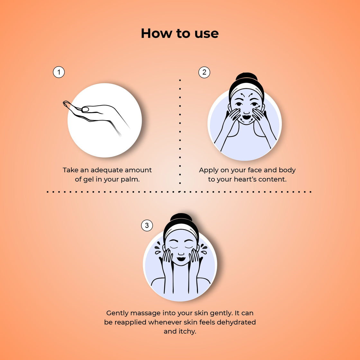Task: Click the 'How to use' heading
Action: (x=180, y=33)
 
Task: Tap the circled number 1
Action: (x=59, y=72)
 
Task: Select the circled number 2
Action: (x=204, y=72)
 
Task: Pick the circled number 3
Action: (x=147, y=225)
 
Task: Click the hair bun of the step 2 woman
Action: (x=247, y=76)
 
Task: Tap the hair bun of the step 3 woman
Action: (x=181, y=217)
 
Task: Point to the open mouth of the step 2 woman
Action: (x=246, y=117)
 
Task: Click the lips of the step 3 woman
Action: (x=181, y=259)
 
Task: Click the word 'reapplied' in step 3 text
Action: (x=130, y=323)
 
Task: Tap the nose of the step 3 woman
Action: (x=181, y=253)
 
